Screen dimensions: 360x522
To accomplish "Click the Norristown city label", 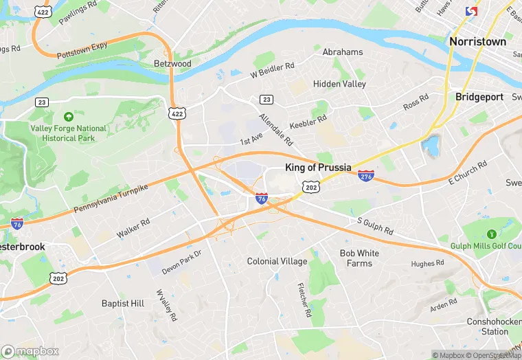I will pyautogui.click(x=477, y=41).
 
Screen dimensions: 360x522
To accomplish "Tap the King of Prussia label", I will pyautogui.click(x=318, y=168).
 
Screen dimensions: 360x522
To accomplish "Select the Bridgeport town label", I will pyautogui.click(x=479, y=97).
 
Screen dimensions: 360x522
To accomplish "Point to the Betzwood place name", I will pyautogui.click(x=172, y=63).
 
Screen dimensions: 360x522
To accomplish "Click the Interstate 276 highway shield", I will pyautogui.click(x=366, y=177).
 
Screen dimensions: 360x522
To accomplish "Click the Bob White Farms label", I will pyautogui.click(x=359, y=258).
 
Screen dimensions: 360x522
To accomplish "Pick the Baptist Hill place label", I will pyautogui.click(x=123, y=303).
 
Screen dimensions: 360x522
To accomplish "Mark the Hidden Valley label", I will pyautogui.click(x=339, y=84).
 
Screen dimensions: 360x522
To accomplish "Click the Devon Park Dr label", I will pyautogui.click(x=181, y=262).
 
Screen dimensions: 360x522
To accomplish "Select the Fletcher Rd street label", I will pyautogui.click(x=304, y=300).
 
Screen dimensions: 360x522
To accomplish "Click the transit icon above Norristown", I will pyautogui.click(x=471, y=12).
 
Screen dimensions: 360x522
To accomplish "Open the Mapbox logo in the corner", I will pyautogui.click(x=31, y=351).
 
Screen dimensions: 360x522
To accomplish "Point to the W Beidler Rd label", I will pyautogui.click(x=272, y=69).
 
